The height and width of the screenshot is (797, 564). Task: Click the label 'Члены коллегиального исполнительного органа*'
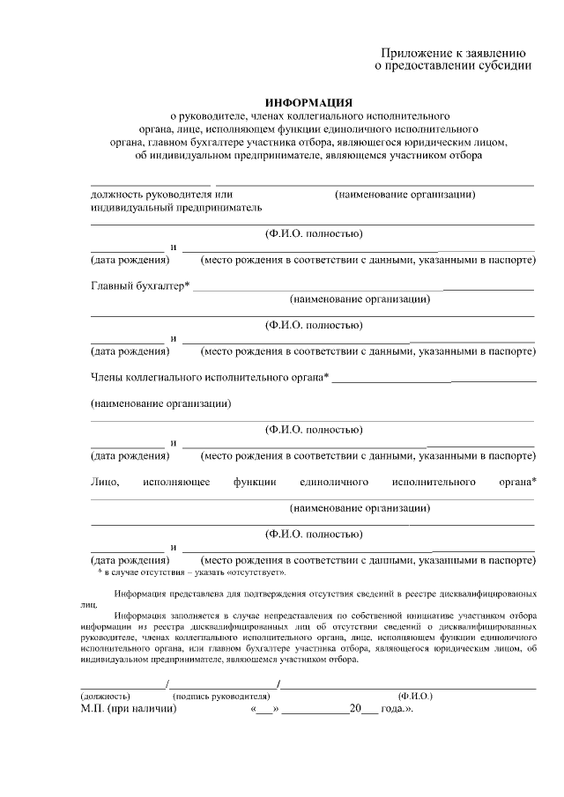210,378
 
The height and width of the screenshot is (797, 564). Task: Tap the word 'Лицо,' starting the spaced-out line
105,482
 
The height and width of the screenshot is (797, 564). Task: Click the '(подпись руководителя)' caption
221,696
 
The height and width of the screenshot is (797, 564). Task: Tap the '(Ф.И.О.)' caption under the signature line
415,696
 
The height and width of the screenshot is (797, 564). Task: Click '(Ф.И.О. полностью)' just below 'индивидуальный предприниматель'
314,233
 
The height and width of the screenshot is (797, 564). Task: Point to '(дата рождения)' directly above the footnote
130,559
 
